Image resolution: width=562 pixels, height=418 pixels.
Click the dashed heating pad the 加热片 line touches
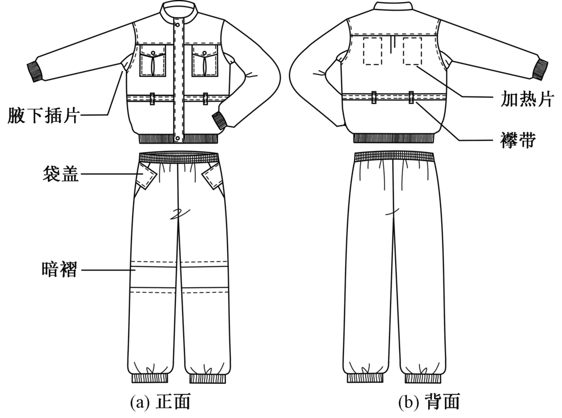click(x=413, y=52)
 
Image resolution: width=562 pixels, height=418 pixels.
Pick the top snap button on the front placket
click(x=179, y=25)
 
